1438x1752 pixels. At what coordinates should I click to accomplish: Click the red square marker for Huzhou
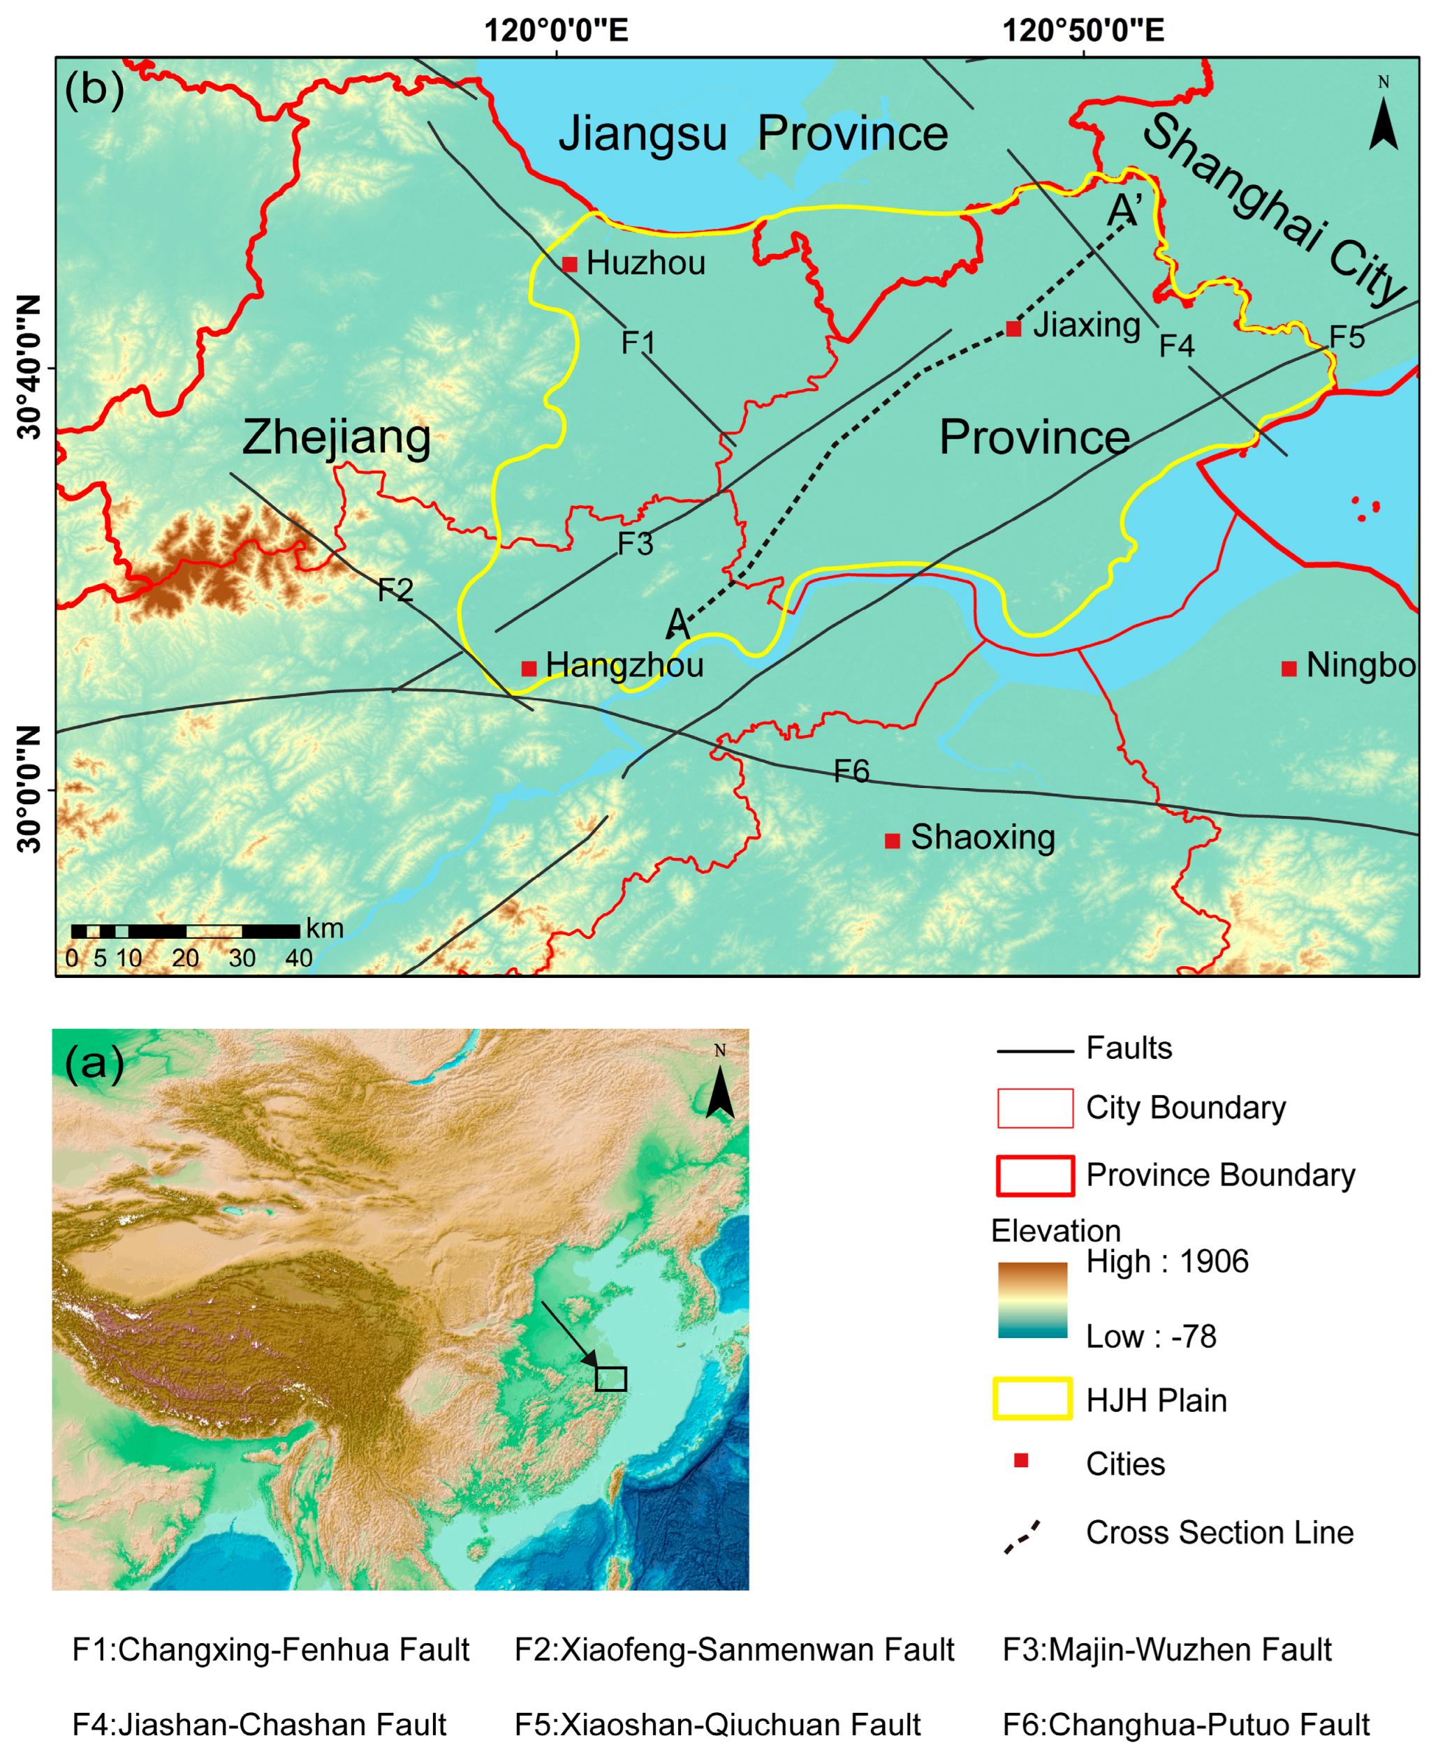569,264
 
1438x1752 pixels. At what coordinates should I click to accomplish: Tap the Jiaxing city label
1087,325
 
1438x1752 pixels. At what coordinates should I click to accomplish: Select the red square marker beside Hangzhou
529,667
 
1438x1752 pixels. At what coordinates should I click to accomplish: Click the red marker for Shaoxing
892,840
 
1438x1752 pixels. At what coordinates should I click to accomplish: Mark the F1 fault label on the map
638,342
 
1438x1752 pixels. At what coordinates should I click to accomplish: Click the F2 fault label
395,590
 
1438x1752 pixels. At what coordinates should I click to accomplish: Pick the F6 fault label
851,772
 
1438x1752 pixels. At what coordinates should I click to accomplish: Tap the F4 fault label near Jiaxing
1176,346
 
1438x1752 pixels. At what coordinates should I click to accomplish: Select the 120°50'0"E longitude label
1083,31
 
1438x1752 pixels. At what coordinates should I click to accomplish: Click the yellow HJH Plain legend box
1032,1398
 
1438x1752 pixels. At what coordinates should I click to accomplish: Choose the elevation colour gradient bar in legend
1032,1300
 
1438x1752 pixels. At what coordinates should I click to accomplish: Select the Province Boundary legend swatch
1034,1175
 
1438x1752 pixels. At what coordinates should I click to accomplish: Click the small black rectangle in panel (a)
610,1378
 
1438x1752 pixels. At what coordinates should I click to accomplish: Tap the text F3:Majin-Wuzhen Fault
1166,1649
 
